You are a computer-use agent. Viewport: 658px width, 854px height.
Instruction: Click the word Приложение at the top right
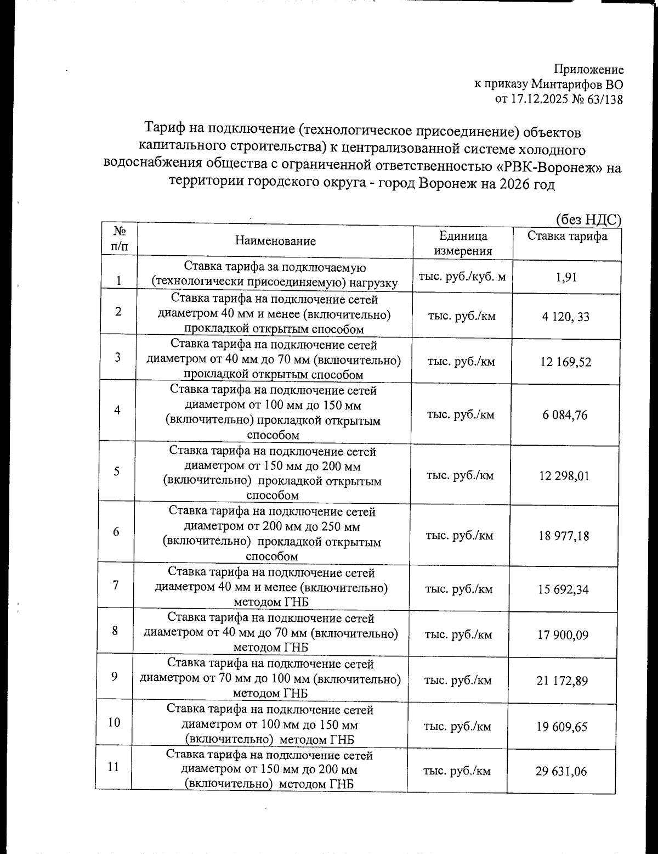click(589, 70)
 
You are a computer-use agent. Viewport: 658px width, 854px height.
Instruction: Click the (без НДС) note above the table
click(588, 220)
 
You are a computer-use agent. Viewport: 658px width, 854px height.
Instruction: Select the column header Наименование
click(275, 240)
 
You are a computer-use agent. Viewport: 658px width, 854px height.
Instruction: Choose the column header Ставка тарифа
click(567, 237)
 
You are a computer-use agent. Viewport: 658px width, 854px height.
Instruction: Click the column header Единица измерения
click(463, 244)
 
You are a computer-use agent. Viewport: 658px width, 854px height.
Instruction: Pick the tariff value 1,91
click(566, 277)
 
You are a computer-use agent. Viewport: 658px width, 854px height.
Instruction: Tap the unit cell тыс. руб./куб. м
click(462, 277)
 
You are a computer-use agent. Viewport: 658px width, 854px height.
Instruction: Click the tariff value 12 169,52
click(565, 362)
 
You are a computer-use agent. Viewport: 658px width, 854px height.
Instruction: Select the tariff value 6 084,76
click(565, 415)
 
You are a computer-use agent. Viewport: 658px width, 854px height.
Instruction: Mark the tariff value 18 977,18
click(564, 536)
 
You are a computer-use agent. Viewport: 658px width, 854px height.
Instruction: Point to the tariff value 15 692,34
click(564, 589)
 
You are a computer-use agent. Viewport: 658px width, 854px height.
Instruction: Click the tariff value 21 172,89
click(563, 681)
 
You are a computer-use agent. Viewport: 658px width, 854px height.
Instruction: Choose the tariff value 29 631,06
click(561, 772)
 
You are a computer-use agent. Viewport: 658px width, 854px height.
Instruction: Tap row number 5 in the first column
click(117, 471)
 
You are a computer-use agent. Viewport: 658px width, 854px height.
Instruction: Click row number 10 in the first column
click(114, 722)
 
